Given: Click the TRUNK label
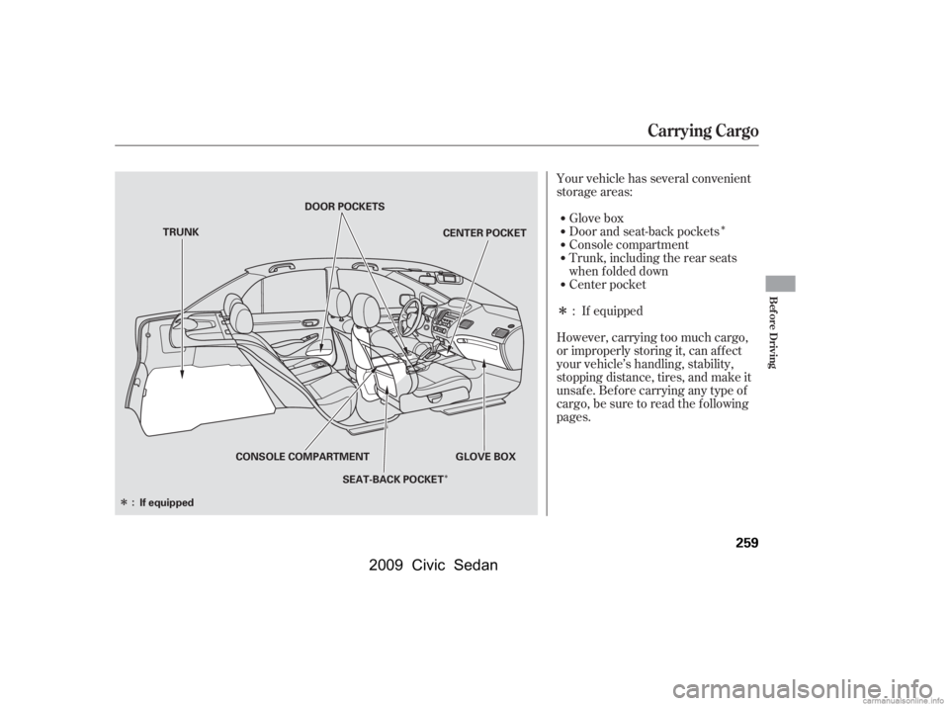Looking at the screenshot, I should [183, 231].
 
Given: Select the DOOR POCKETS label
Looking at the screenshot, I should [344, 206].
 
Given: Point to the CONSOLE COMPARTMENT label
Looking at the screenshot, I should [302, 457].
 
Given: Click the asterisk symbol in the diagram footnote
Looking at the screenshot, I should [121, 502].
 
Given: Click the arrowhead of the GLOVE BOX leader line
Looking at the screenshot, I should [484, 362].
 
